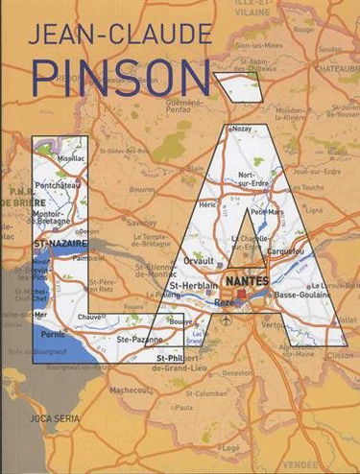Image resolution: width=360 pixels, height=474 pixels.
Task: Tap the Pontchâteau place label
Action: [57, 183]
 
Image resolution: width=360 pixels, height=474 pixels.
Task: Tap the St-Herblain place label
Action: [191, 287]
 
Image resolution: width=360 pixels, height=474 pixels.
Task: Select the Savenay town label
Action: [141, 223]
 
